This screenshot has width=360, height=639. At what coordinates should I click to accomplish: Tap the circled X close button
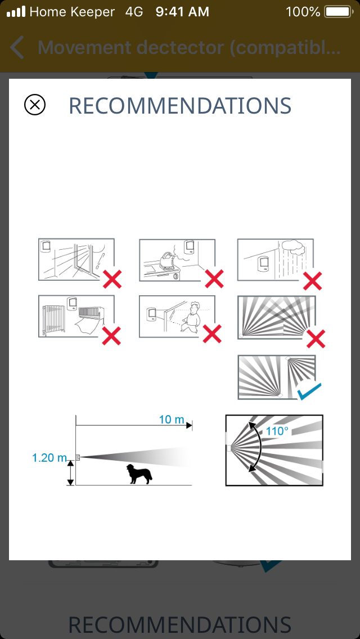coord(35,105)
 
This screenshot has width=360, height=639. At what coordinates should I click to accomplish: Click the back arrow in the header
coord(17,47)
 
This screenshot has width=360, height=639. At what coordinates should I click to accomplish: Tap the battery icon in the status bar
coord(338,12)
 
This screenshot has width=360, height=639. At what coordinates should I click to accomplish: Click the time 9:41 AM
coord(182,12)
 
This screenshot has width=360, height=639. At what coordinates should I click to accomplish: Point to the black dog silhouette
coord(139,474)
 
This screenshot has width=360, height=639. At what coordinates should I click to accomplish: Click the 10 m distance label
coord(172,419)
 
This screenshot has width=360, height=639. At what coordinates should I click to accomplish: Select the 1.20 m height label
coord(49,458)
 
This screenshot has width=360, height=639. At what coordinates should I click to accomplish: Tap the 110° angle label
coord(277,430)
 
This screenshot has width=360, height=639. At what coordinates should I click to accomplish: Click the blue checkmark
coord(309,391)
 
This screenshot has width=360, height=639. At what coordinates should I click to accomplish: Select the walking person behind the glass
coord(192,317)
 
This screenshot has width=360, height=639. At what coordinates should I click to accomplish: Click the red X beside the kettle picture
coord(214,279)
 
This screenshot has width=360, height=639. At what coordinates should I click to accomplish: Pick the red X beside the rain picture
coord(313,280)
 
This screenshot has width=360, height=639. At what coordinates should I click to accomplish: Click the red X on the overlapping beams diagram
coord(316,339)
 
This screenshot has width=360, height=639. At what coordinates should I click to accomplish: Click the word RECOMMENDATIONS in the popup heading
coord(180,106)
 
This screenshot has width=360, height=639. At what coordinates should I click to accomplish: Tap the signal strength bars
coord(16,12)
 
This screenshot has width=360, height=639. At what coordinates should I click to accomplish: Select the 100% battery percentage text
coord(303,12)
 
